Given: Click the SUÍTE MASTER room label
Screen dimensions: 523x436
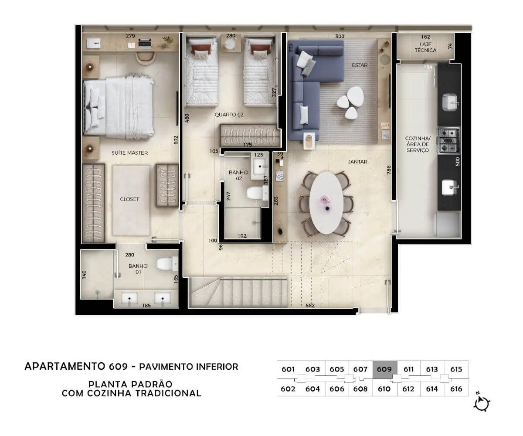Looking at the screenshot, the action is [129, 153].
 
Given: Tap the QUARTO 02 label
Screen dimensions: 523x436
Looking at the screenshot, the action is [229, 115].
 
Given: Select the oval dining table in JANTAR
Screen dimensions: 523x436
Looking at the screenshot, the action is [326, 202].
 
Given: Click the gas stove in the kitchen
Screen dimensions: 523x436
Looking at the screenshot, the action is [448, 140].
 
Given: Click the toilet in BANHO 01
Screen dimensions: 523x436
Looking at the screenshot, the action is [167, 264].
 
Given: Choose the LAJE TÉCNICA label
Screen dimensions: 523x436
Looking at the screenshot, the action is [425, 47].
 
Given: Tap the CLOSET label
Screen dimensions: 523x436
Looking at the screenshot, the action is [129, 199].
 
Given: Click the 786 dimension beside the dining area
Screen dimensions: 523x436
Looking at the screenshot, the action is [388, 170].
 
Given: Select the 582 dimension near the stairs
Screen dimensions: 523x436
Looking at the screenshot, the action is [310, 305].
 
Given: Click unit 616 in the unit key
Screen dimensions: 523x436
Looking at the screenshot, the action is [456, 389].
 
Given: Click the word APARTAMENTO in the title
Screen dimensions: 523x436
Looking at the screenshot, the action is [65, 366].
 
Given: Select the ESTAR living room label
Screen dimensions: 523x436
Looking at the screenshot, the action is [360, 65].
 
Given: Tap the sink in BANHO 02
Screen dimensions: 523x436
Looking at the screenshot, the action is [259, 167].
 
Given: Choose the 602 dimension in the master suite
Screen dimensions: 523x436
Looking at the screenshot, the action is [176, 140].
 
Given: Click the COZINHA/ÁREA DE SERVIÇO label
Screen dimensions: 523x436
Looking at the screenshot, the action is [418, 144].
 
